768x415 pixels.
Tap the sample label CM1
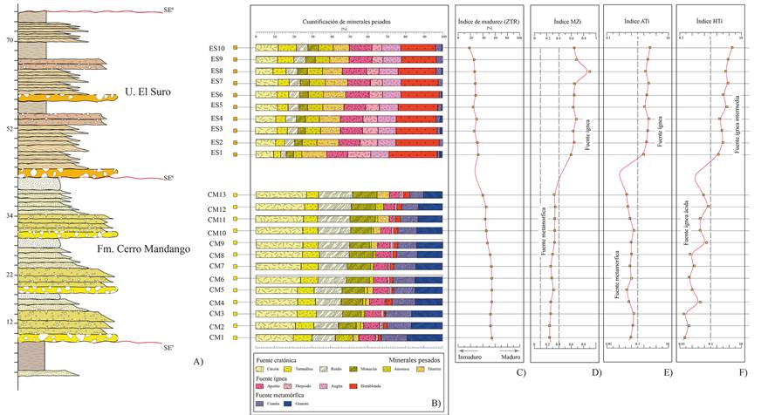[x=216, y=337]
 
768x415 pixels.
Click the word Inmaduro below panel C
[x=470, y=357]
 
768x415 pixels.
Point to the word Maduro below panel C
[x=511, y=357]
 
